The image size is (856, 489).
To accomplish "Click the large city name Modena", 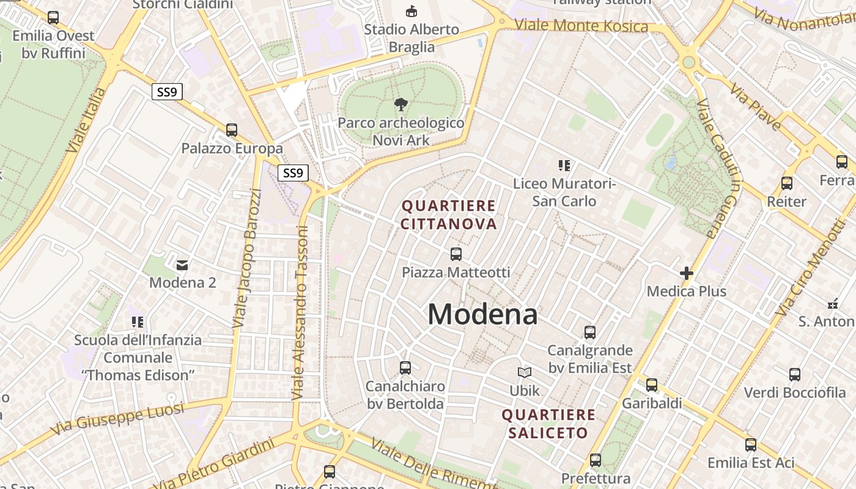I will pos(482,314).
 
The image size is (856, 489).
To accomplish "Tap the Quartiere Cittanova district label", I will pos(448,215).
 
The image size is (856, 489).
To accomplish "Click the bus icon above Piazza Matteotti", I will pos(456,254).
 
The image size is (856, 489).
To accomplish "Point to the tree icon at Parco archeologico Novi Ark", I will pos(401,104).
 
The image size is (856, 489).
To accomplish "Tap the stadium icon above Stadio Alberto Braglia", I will pos(411,11).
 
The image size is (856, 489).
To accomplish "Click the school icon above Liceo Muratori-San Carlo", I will pos(564,165).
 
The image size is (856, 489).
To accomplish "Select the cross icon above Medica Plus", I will pos(686,273).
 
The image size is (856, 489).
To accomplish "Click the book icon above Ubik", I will pos(525,372).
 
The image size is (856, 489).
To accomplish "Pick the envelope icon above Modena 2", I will pos(182,265).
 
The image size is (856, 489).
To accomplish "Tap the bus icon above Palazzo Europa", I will pos(232,130).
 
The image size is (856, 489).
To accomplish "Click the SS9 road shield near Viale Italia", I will pos(167,92).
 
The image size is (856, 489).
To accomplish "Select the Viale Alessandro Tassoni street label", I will pos(300,313).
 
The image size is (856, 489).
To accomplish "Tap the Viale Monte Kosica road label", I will pos(581,26).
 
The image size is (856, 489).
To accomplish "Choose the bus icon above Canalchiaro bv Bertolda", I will pos(405,367).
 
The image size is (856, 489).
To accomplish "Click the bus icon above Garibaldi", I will pos(652,385).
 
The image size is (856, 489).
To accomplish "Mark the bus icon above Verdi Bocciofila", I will pos(794,374).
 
